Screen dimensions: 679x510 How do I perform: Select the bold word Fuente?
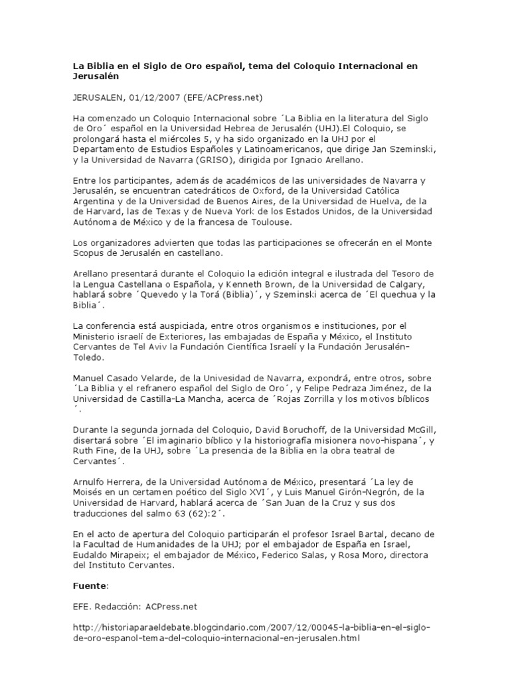click(88, 587)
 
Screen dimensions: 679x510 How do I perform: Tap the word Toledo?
click(88, 357)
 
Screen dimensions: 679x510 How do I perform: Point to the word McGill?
click(418, 429)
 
